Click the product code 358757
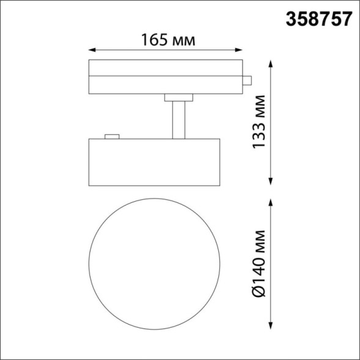tap(318, 18)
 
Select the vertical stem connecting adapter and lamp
tap(178, 119)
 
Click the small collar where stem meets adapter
tap(178, 97)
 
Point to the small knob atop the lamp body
tap(111, 136)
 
